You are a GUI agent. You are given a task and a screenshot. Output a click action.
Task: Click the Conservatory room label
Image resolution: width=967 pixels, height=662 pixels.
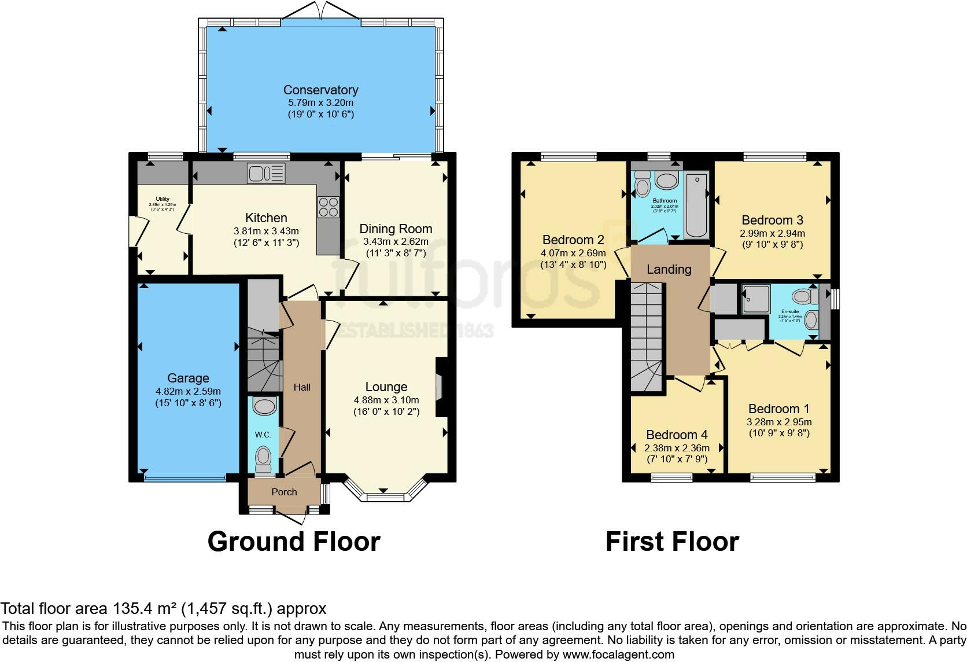pyautogui.click(x=320, y=90)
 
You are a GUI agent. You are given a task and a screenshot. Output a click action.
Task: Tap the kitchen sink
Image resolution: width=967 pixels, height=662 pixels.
pyautogui.click(x=266, y=173)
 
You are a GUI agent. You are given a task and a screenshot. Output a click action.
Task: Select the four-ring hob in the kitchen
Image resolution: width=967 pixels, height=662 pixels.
pyautogui.click(x=328, y=207)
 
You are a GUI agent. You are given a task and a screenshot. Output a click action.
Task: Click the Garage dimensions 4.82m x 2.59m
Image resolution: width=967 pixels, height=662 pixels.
pyautogui.click(x=188, y=391)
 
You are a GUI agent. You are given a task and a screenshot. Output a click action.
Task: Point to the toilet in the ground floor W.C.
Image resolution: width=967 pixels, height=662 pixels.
pyautogui.click(x=264, y=457)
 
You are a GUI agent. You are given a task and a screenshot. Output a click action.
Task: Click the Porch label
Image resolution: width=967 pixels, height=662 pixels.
pyautogui.click(x=284, y=492)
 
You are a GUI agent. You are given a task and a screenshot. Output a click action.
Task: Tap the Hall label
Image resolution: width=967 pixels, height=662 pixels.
pyautogui.click(x=302, y=387)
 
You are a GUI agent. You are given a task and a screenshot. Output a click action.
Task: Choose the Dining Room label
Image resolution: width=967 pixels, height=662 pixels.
pyautogui.click(x=396, y=229)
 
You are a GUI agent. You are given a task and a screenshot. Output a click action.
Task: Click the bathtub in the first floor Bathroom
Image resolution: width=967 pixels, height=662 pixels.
pyautogui.click(x=696, y=205)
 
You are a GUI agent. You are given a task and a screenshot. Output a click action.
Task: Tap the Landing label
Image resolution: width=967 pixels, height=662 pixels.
pyautogui.click(x=669, y=269)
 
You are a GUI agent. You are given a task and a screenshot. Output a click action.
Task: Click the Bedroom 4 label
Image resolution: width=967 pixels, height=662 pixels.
pyautogui.click(x=677, y=435)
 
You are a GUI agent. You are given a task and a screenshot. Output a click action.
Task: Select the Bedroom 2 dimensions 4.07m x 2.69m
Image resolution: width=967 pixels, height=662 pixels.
pyautogui.click(x=573, y=253)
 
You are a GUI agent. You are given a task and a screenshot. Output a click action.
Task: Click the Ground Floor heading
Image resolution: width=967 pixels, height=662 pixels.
pyautogui.click(x=294, y=542)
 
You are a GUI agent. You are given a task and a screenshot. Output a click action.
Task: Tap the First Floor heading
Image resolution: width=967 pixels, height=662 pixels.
pyautogui.click(x=672, y=542)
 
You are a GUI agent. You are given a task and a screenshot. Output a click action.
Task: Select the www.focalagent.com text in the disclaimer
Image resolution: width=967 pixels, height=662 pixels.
pyautogui.click(x=618, y=654)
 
